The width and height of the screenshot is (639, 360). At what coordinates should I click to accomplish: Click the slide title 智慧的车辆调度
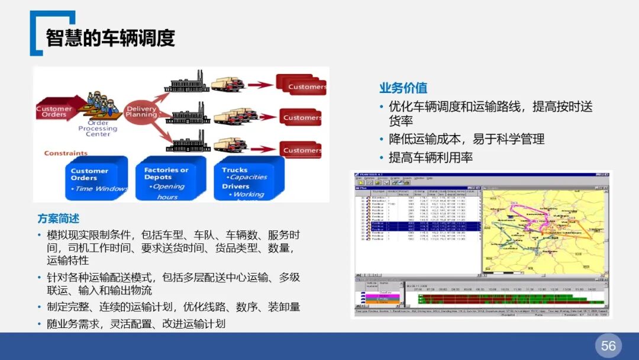(111, 37)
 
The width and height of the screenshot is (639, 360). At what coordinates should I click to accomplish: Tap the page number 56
(608, 346)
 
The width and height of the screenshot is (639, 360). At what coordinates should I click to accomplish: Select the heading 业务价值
(404, 88)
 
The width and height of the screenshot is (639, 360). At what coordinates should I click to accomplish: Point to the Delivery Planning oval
(141, 111)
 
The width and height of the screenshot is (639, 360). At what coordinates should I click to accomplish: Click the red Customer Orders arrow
(55, 111)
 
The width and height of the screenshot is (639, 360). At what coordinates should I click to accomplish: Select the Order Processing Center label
(98, 128)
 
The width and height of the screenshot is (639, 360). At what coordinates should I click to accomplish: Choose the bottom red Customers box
(301, 150)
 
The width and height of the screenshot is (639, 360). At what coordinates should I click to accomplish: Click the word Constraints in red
(66, 153)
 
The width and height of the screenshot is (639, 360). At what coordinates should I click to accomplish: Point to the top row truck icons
(228, 84)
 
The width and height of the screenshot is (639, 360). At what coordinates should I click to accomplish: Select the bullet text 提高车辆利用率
(430, 158)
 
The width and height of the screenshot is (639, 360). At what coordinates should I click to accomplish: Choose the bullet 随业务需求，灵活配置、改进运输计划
(136, 324)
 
